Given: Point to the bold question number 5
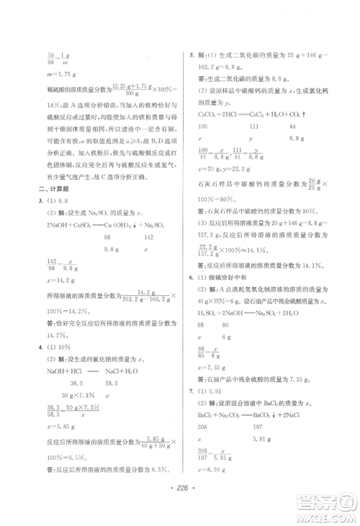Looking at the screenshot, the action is [x=190, y=55].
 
